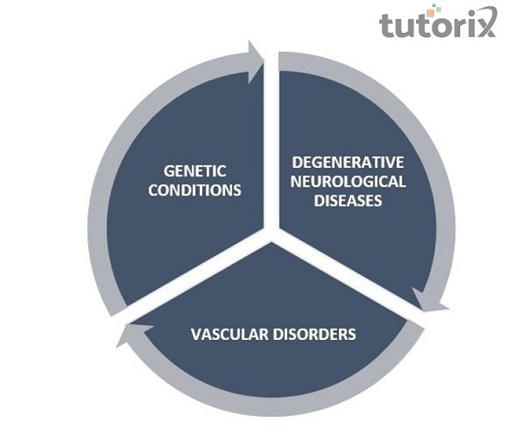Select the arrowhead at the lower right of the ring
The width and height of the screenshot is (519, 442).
tap(430, 298)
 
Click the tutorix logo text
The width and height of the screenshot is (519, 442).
tap(438, 25)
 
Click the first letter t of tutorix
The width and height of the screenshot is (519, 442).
tap(387, 25)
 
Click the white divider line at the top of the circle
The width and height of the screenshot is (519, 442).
tap(270, 130)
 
